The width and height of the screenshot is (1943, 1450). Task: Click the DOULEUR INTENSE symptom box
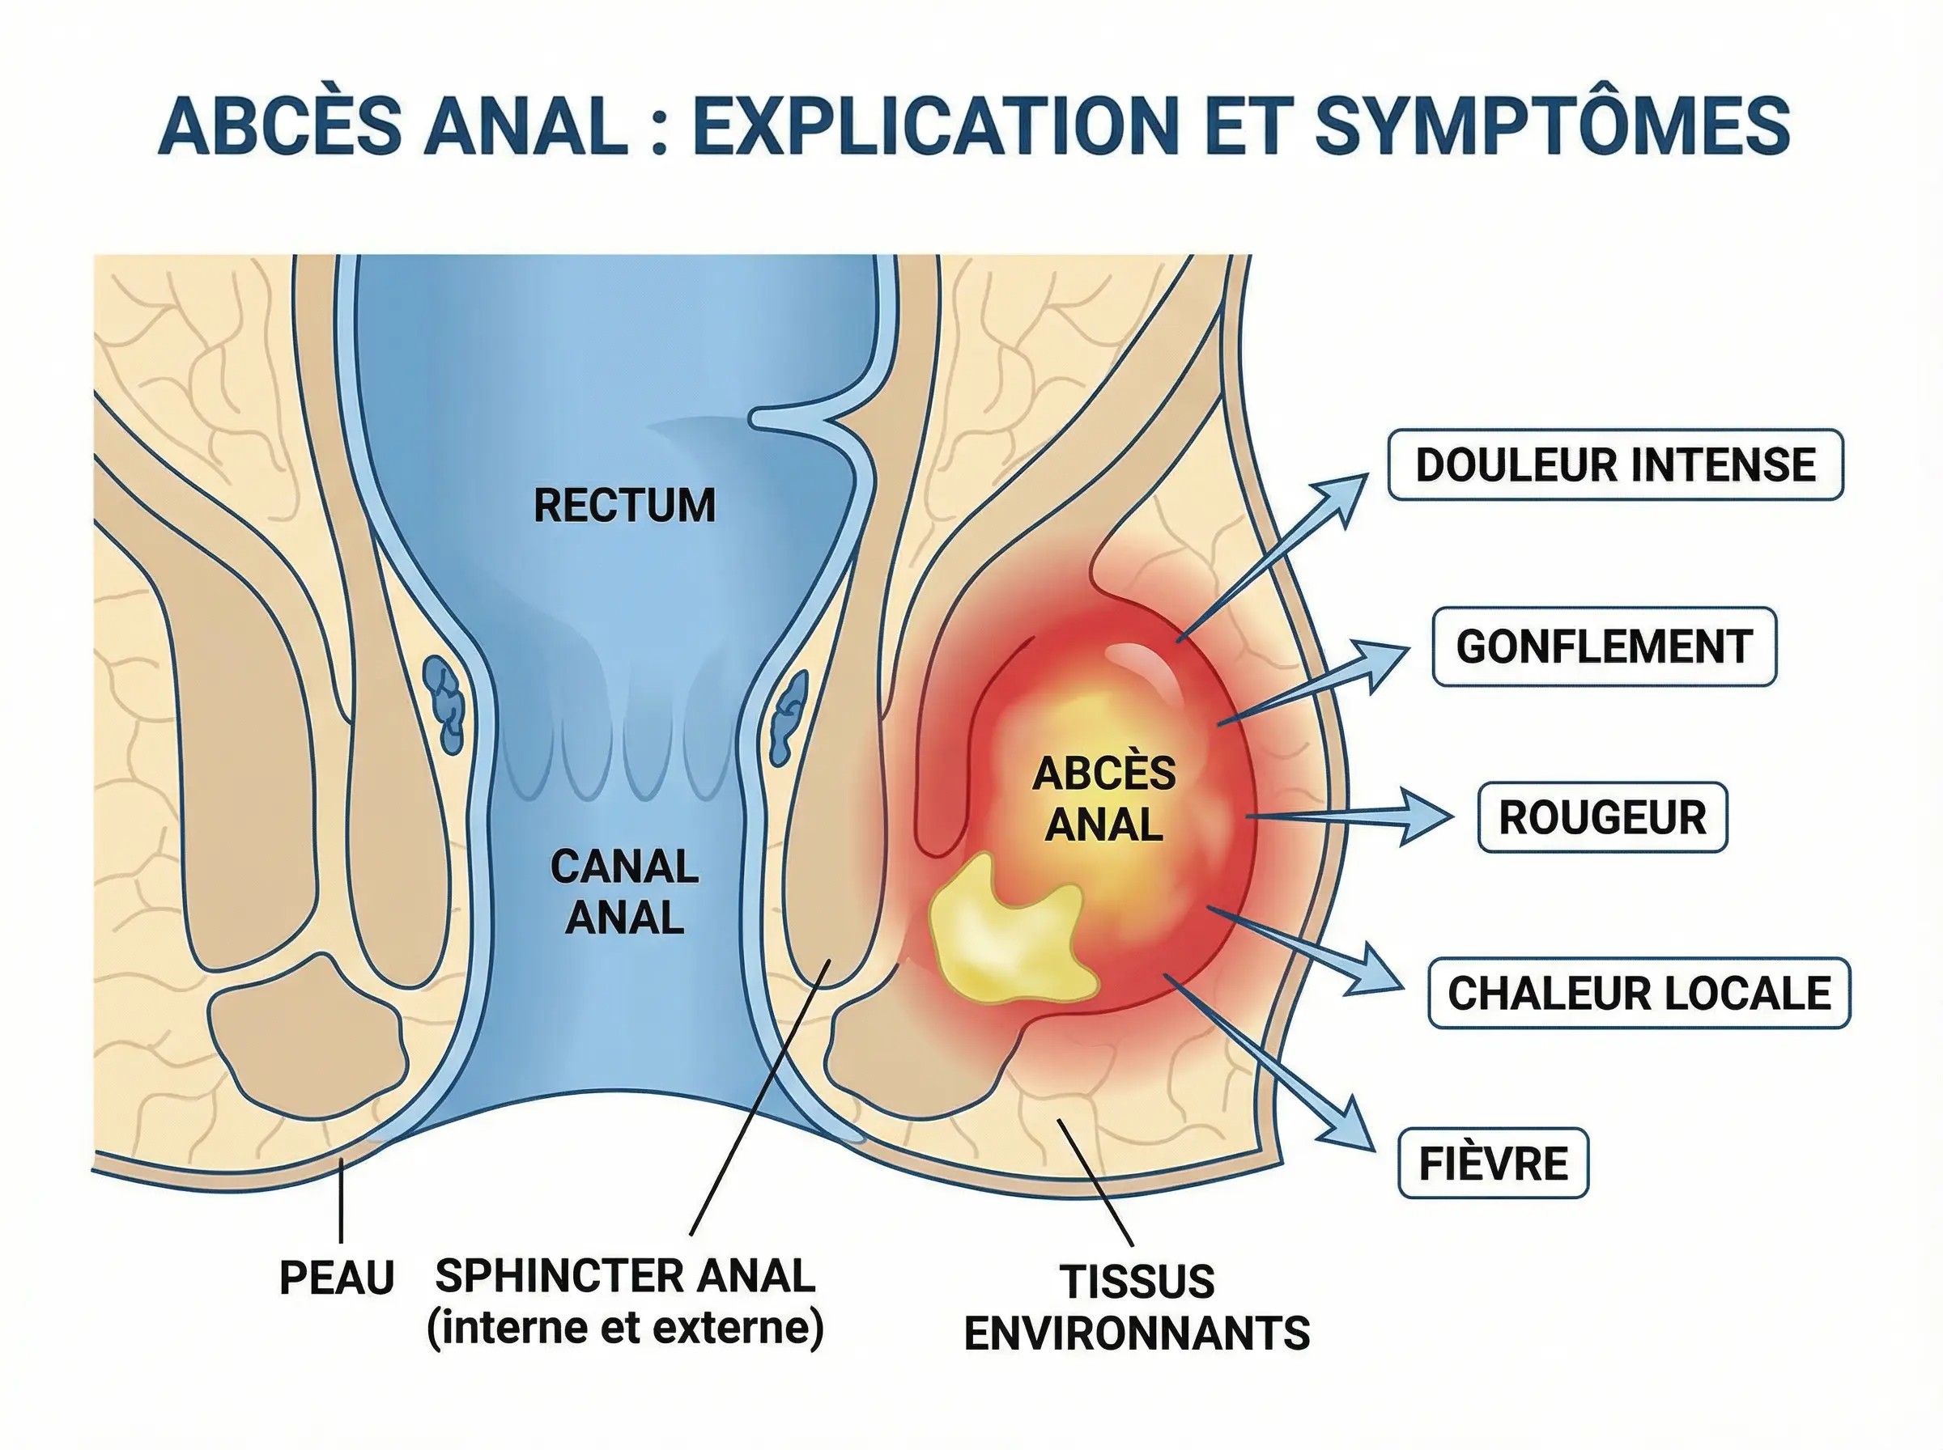[1614, 464]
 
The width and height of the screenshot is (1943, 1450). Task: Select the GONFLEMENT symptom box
[1603, 647]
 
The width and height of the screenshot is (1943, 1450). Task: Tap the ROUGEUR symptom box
[1601, 817]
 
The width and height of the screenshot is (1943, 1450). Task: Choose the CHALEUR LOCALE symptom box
[1639, 994]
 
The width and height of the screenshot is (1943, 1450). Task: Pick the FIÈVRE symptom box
[1493, 1164]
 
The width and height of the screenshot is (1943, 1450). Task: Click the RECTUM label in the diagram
[624, 506]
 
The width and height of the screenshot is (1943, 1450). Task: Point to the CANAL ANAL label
[624, 892]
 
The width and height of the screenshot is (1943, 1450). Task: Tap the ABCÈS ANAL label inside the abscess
[1103, 799]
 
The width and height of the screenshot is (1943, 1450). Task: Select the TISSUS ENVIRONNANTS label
[1136, 1307]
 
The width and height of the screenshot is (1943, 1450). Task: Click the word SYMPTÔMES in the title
[1551, 125]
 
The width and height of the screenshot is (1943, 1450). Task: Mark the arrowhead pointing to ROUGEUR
[1422, 816]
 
